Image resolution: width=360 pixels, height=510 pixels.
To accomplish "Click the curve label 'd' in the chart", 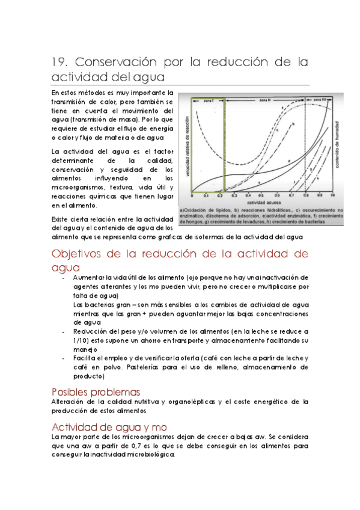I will click(289, 161).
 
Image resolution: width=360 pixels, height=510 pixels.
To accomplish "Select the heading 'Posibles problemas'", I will click(96, 392).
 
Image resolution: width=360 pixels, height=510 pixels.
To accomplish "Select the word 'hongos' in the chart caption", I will click(194, 223).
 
